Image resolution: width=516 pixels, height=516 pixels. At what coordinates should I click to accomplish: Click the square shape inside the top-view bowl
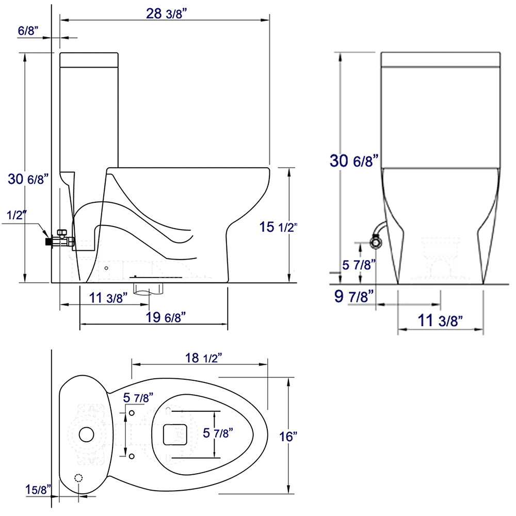(174, 434)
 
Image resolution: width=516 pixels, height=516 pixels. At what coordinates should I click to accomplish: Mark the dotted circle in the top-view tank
(79, 478)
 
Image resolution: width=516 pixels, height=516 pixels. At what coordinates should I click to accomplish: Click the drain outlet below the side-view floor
(149, 287)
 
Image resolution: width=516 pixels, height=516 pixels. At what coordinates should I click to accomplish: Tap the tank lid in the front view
(441, 59)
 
